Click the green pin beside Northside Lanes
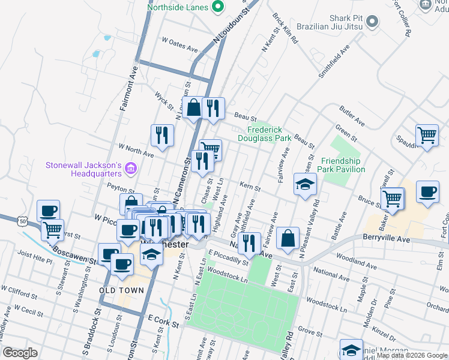(218, 7)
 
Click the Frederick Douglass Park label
(269, 134)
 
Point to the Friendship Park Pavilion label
(343, 165)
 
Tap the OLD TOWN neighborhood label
(121, 290)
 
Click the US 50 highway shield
(22, 221)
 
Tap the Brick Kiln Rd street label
(285, 29)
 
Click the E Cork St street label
(163, 323)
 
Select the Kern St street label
(250, 187)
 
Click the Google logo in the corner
(20, 353)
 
